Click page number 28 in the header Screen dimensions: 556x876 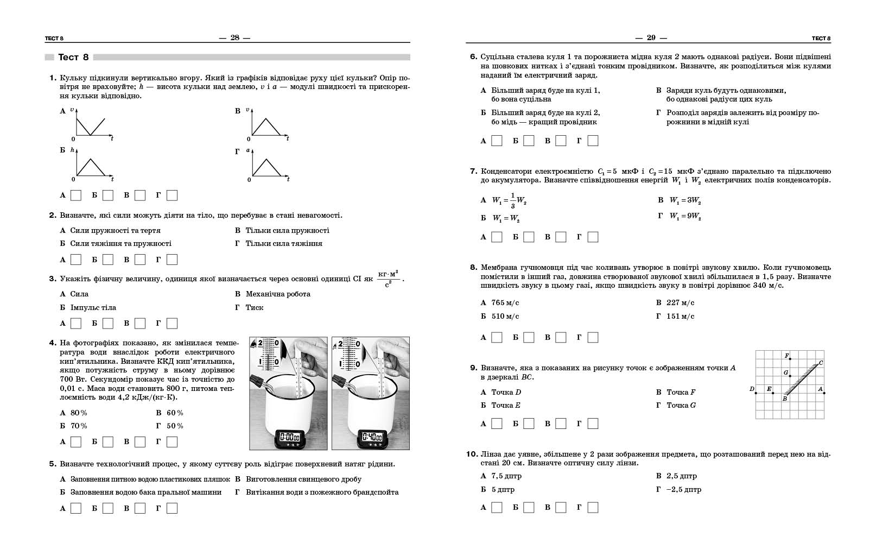234,37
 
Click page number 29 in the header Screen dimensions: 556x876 651,37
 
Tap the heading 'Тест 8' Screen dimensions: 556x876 73,57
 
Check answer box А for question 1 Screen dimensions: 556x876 76,195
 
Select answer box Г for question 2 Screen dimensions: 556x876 172,260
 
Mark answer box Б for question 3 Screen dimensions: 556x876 108,324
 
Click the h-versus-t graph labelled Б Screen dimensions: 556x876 91,166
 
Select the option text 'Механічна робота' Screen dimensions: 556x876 278,294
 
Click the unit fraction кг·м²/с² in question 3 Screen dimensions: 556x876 388,278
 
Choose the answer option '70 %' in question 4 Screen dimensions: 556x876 79,426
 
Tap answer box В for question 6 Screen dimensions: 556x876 561,141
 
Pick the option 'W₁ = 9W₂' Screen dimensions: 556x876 685,216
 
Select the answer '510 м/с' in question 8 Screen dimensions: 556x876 505,317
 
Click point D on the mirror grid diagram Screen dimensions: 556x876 756,393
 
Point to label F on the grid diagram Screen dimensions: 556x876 786,356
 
